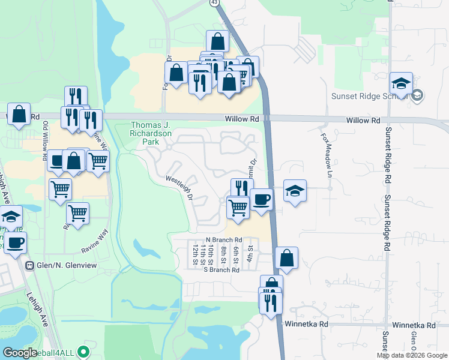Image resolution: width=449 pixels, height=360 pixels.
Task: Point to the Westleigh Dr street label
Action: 180,187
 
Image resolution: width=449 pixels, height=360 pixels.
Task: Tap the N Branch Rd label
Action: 223,239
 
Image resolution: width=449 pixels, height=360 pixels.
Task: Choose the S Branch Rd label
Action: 221,270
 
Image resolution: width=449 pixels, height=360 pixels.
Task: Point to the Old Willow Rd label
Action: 45,142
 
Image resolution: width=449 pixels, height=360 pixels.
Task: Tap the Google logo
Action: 20,352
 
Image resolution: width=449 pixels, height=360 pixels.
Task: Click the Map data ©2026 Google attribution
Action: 412,355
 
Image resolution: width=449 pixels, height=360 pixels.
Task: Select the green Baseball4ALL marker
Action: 83,352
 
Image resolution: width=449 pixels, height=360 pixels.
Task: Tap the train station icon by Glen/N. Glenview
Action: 28,265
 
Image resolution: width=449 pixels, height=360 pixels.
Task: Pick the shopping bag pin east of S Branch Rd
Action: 287,258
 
